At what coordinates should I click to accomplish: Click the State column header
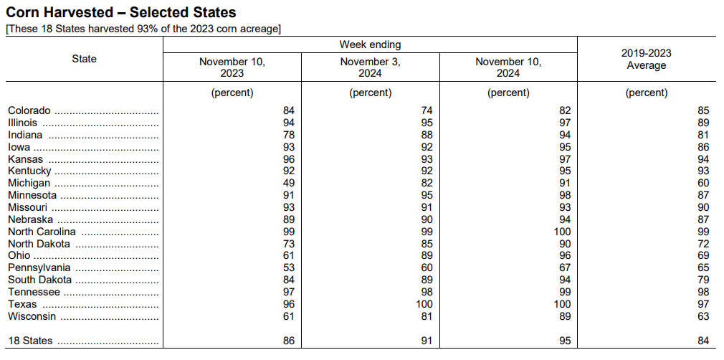tap(84, 59)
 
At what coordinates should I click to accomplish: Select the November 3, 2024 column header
tap(371, 67)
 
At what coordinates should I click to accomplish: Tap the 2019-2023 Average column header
tap(647, 59)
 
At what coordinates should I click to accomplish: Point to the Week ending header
tap(371, 45)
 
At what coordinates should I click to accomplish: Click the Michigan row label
tap(29, 183)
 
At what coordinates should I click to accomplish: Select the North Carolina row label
tap(42, 232)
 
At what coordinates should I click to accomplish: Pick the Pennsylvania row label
tap(39, 267)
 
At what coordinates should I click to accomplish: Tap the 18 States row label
tap(30, 341)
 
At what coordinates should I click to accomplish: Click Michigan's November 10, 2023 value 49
tap(289, 183)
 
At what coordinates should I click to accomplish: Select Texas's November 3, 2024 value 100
tap(424, 304)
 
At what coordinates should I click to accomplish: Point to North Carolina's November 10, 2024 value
tap(562, 232)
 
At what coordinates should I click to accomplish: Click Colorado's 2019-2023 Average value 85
tap(703, 110)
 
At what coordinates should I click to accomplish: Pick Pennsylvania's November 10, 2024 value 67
tap(565, 267)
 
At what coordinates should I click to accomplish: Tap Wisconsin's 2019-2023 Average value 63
tap(703, 316)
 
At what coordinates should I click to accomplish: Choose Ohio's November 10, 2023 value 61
tap(289, 255)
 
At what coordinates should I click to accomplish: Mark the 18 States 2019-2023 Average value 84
tap(703, 341)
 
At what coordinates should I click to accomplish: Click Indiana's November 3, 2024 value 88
tap(427, 135)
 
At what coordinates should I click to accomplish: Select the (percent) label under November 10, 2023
tap(232, 93)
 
